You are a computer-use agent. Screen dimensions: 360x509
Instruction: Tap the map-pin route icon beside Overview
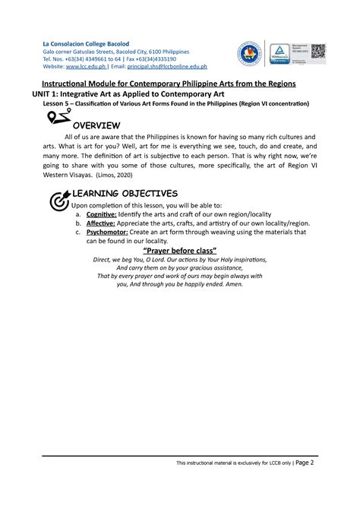(58, 118)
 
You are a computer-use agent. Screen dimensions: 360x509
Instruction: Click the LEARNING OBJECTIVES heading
(125, 193)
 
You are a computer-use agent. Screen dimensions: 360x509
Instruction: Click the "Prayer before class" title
(180, 251)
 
